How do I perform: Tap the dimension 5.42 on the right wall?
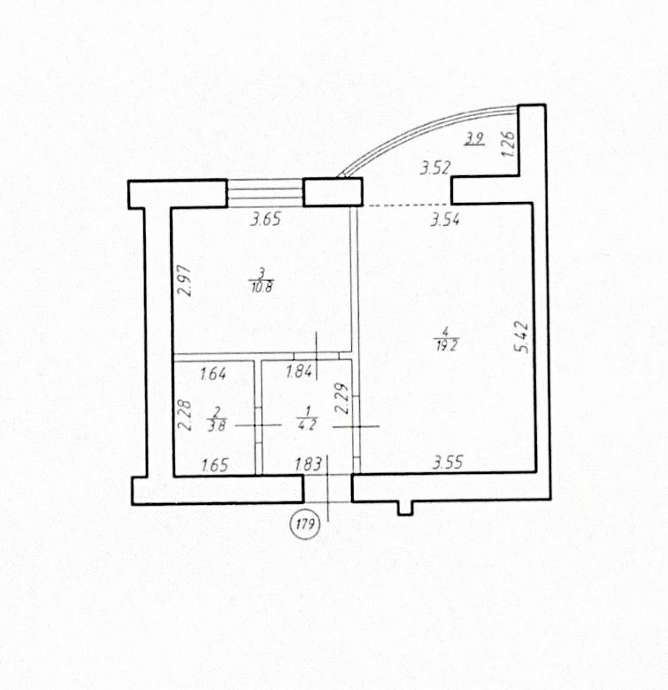click(x=522, y=337)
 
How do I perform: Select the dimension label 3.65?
click(x=265, y=220)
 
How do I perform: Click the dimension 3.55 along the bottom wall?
click(x=447, y=463)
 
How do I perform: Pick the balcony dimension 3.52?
click(x=435, y=168)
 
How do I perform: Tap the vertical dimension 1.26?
click(x=508, y=144)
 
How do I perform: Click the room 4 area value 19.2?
click(x=446, y=346)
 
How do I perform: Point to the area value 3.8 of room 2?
click(x=217, y=426)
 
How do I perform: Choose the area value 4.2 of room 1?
click(x=307, y=425)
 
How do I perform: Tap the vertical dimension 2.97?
click(x=185, y=281)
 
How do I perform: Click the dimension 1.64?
click(x=213, y=374)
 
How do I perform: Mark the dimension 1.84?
click(x=300, y=372)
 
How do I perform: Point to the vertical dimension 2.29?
click(x=343, y=398)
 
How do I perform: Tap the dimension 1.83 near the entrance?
click(x=309, y=464)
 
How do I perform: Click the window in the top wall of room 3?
click(x=264, y=193)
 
